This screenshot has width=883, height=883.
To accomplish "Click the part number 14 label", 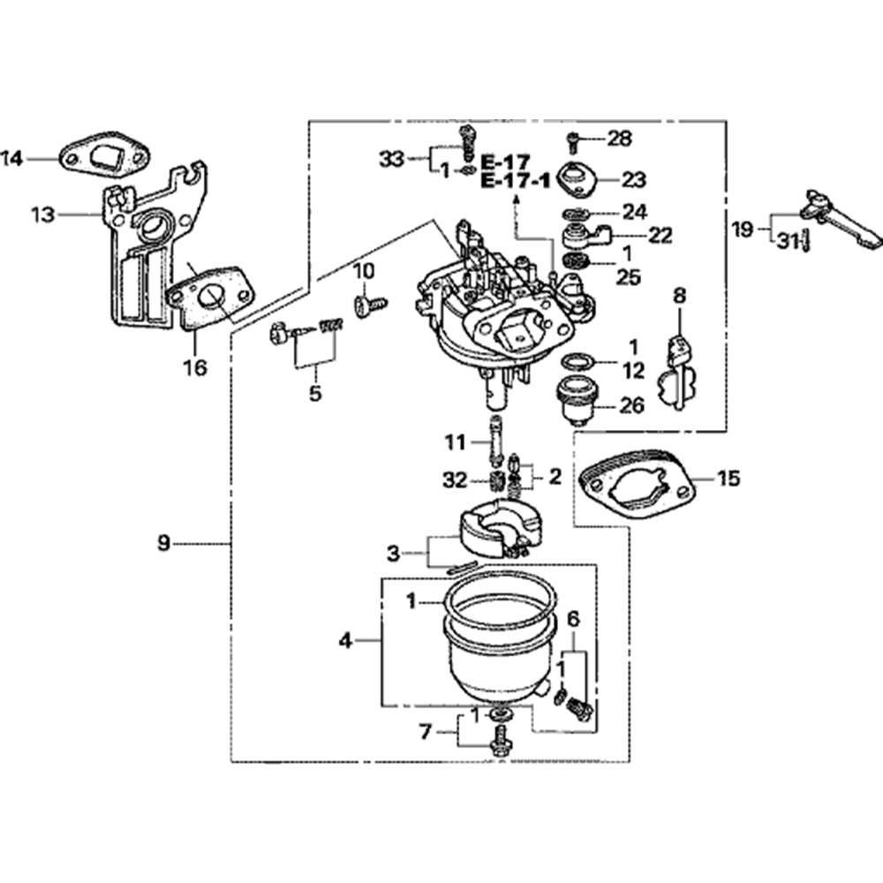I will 11,159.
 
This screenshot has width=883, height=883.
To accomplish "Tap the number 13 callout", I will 41,215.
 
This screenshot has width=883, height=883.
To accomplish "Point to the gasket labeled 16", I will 210,293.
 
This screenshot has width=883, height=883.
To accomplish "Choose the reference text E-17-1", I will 516,181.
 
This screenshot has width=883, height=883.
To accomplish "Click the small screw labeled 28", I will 573,139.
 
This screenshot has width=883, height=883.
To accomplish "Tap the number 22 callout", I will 659,236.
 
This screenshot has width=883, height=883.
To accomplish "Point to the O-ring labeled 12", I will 577,361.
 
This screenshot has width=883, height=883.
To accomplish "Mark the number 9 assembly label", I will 163,543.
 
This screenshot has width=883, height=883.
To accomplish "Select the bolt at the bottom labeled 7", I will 499,739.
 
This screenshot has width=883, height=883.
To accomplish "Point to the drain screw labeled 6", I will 579,707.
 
